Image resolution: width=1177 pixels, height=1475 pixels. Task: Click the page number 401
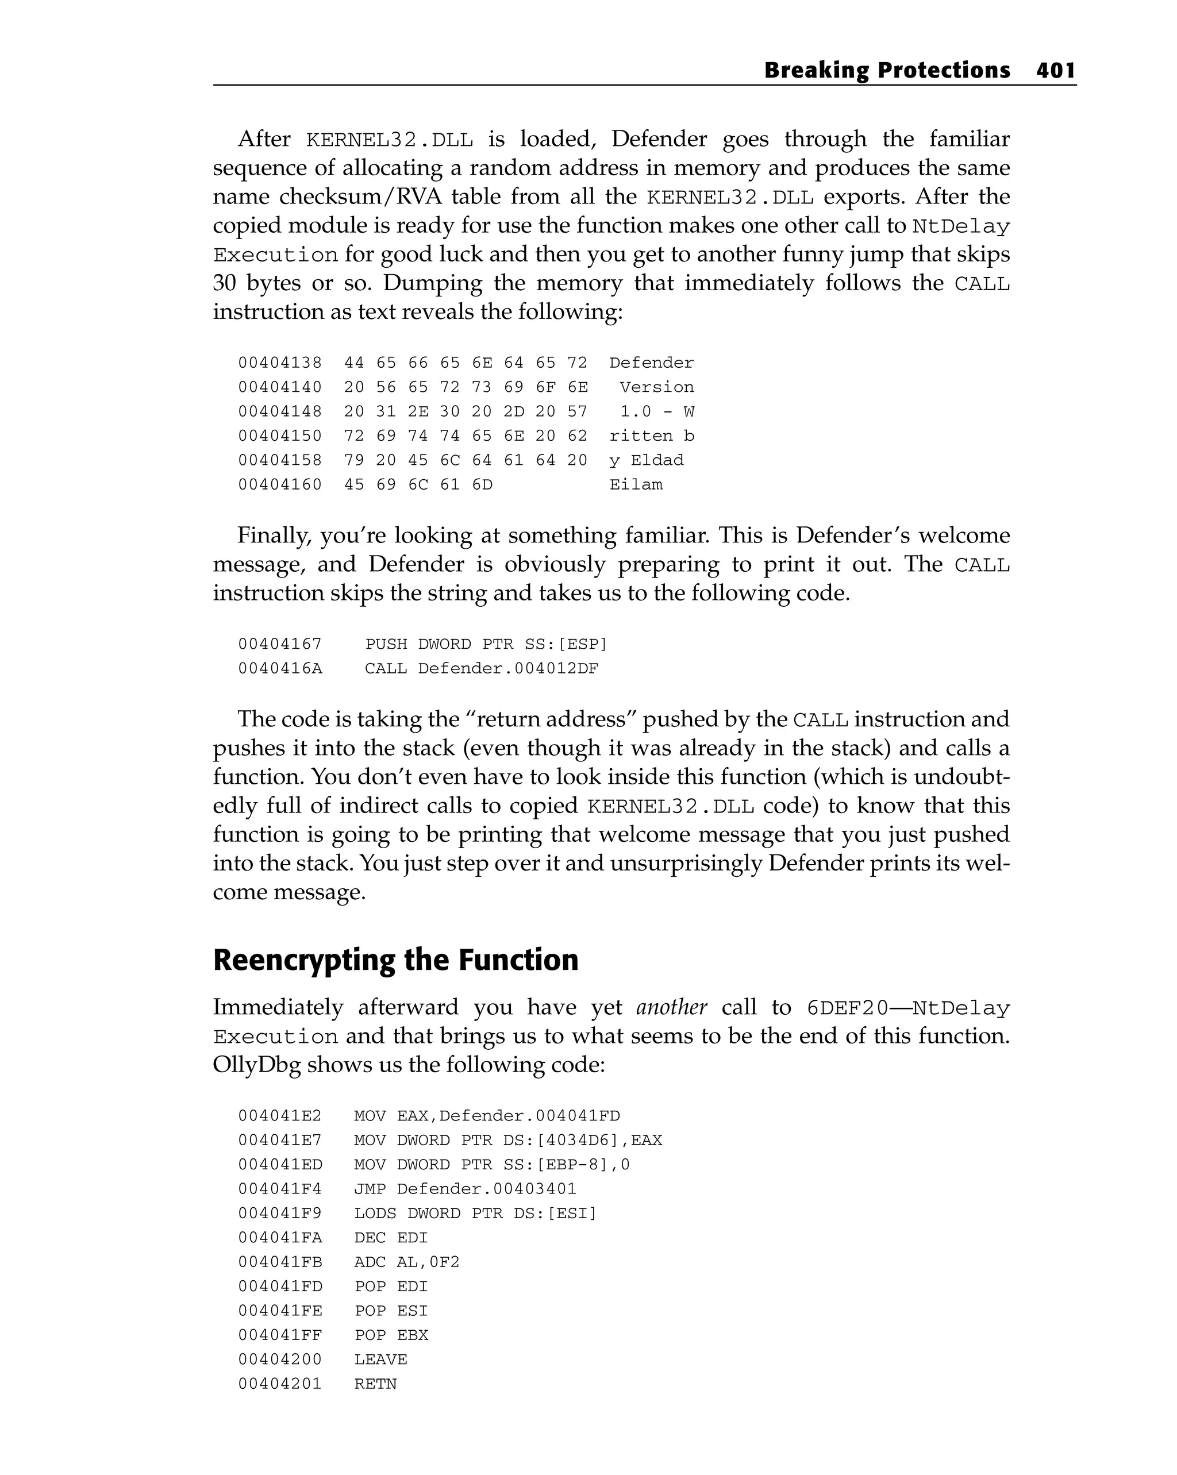(1056, 71)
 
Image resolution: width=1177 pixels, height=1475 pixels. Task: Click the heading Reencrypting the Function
(395, 960)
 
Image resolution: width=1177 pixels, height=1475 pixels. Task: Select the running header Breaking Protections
(886, 71)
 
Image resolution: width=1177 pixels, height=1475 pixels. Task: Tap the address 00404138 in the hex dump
(280, 363)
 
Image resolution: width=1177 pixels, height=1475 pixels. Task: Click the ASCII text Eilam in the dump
(636, 484)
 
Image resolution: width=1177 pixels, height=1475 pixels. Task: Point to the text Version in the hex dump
(656, 387)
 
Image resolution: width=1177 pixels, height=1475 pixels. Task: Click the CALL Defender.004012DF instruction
(481, 668)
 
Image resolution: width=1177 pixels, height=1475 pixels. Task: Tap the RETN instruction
(375, 1383)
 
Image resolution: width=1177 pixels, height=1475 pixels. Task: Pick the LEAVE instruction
(380, 1359)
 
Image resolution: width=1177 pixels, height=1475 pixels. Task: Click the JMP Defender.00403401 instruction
(464, 1188)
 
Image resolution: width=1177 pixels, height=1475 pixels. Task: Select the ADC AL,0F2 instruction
(406, 1262)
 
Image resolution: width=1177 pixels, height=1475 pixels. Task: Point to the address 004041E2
(280, 1116)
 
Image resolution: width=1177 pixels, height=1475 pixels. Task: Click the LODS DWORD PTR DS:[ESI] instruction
(475, 1213)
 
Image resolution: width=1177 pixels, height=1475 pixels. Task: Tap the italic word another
(671, 1008)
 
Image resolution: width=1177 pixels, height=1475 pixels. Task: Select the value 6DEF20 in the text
(847, 1008)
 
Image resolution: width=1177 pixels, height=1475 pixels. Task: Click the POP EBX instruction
(391, 1335)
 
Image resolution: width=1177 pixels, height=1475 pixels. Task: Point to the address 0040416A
(280, 668)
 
